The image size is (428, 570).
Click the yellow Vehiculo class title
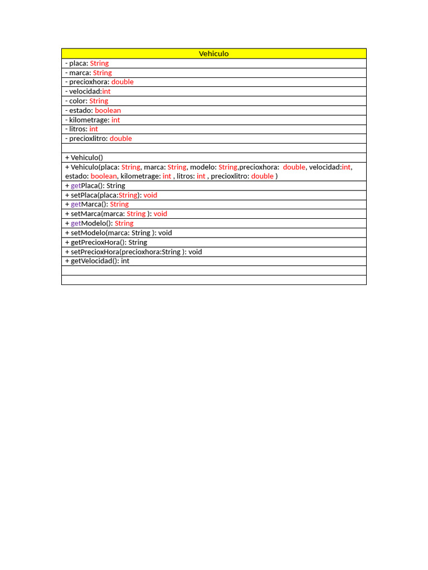click(x=214, y=54)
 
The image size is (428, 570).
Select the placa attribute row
click(x=87, y=63)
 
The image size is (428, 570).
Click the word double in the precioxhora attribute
click(x=123, y=82)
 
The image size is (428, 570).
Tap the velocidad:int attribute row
click(x=88, y=91)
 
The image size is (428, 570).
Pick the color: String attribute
click(x=87, y=101)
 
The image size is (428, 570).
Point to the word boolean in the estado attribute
click(x=108, y=110)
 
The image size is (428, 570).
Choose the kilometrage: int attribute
click(x=93, y=120)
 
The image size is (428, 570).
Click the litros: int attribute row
click(x=81, y=129)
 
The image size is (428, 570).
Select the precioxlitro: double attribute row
click(x=99, y=139)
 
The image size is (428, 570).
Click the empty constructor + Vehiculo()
click(x=84, y=158)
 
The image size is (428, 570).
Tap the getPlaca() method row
click(x=95, y=185)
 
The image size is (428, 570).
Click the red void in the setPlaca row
click(x=150, y=195)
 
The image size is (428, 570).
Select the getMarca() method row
click(x=97, y=204)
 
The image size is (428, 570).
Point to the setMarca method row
click(x=116, y=214)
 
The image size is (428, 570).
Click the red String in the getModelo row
click(x=124, y=223)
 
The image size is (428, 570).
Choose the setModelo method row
click(x=119, y=233)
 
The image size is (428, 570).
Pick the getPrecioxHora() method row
click(x=106, y=242)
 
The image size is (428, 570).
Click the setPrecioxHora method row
click(x=134, y=252)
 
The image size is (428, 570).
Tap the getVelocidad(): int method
click(x=98, y=261)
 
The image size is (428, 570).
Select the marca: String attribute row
click(x=89, y=73)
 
